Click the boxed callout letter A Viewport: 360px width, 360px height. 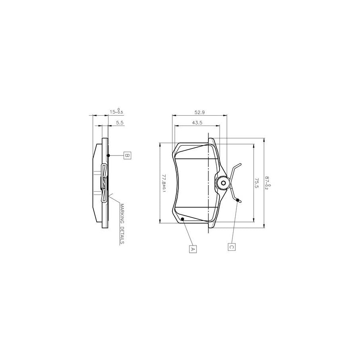click(192, 248)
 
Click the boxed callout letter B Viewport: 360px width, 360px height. click(126, 155)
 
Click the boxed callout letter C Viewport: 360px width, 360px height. click(231, 247)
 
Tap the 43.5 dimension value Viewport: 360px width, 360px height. click(196, 123)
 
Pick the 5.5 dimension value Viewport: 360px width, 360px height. click(119, 123)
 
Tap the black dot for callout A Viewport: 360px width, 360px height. click(182, 219)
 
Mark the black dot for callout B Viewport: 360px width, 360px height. click(108, 155)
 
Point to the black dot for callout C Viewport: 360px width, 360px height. click(238, 200)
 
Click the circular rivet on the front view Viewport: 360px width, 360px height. click(222, 183)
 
